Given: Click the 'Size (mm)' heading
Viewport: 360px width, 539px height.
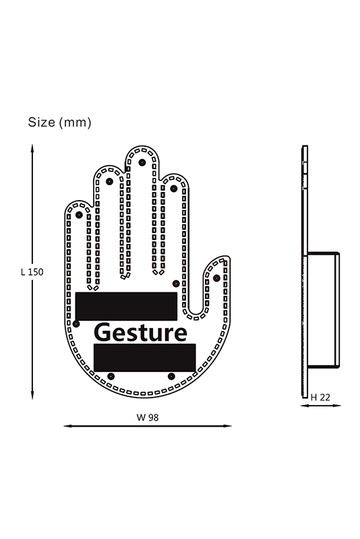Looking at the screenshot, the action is pyautogui.click(x=59, y=123).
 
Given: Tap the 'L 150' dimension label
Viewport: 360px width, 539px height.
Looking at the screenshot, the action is pyautogui.click(x=32, y=272).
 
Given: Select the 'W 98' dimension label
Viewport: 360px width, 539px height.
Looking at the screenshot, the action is pyautogui.click(x=148, y=417).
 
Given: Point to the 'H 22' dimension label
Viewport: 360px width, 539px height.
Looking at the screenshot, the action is pyautogui.click(x=320, y=398).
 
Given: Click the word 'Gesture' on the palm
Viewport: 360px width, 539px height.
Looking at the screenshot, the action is pyautogui.click(x=140, y=332).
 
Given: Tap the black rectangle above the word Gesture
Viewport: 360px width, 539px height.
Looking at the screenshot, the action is pyautogui.click(x=126, y=307).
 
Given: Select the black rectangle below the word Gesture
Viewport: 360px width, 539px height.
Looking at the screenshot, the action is pyautogui.click(x=145, y=358).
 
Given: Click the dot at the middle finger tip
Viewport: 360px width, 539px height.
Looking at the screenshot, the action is pyautogui.click(x=142, y=162).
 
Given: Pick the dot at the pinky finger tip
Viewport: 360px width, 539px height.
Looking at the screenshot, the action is pyautogui.click(x=79, y=215).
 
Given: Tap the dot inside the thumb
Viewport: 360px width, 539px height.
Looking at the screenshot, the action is pyautogui.click(x=216, y=278).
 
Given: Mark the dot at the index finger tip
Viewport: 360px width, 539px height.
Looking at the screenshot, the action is pyautogui.click(x=174, y=189).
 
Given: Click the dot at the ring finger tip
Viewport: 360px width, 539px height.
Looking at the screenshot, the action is pyautogui.click(x=109, y=181).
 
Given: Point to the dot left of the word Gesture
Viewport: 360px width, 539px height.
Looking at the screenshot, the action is pyautogui.click(x=76, y=324).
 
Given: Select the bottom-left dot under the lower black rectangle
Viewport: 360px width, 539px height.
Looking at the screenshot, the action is pyautogui.click(x=111, y=377).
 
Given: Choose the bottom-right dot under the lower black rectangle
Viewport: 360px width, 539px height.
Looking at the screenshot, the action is pyautogui.click(x=171, y=377).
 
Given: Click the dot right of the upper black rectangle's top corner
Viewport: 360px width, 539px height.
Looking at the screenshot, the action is pyautogui.click(x=176, y=284).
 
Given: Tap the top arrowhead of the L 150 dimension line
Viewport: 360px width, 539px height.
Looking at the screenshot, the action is pyautogui.click(x=32, y=148).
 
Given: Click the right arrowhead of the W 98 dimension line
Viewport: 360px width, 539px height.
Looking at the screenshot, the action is pyautogui.click(x=228, y=426).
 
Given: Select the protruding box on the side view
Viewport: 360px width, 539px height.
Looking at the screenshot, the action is pyautogui.click(x=323, y=310).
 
